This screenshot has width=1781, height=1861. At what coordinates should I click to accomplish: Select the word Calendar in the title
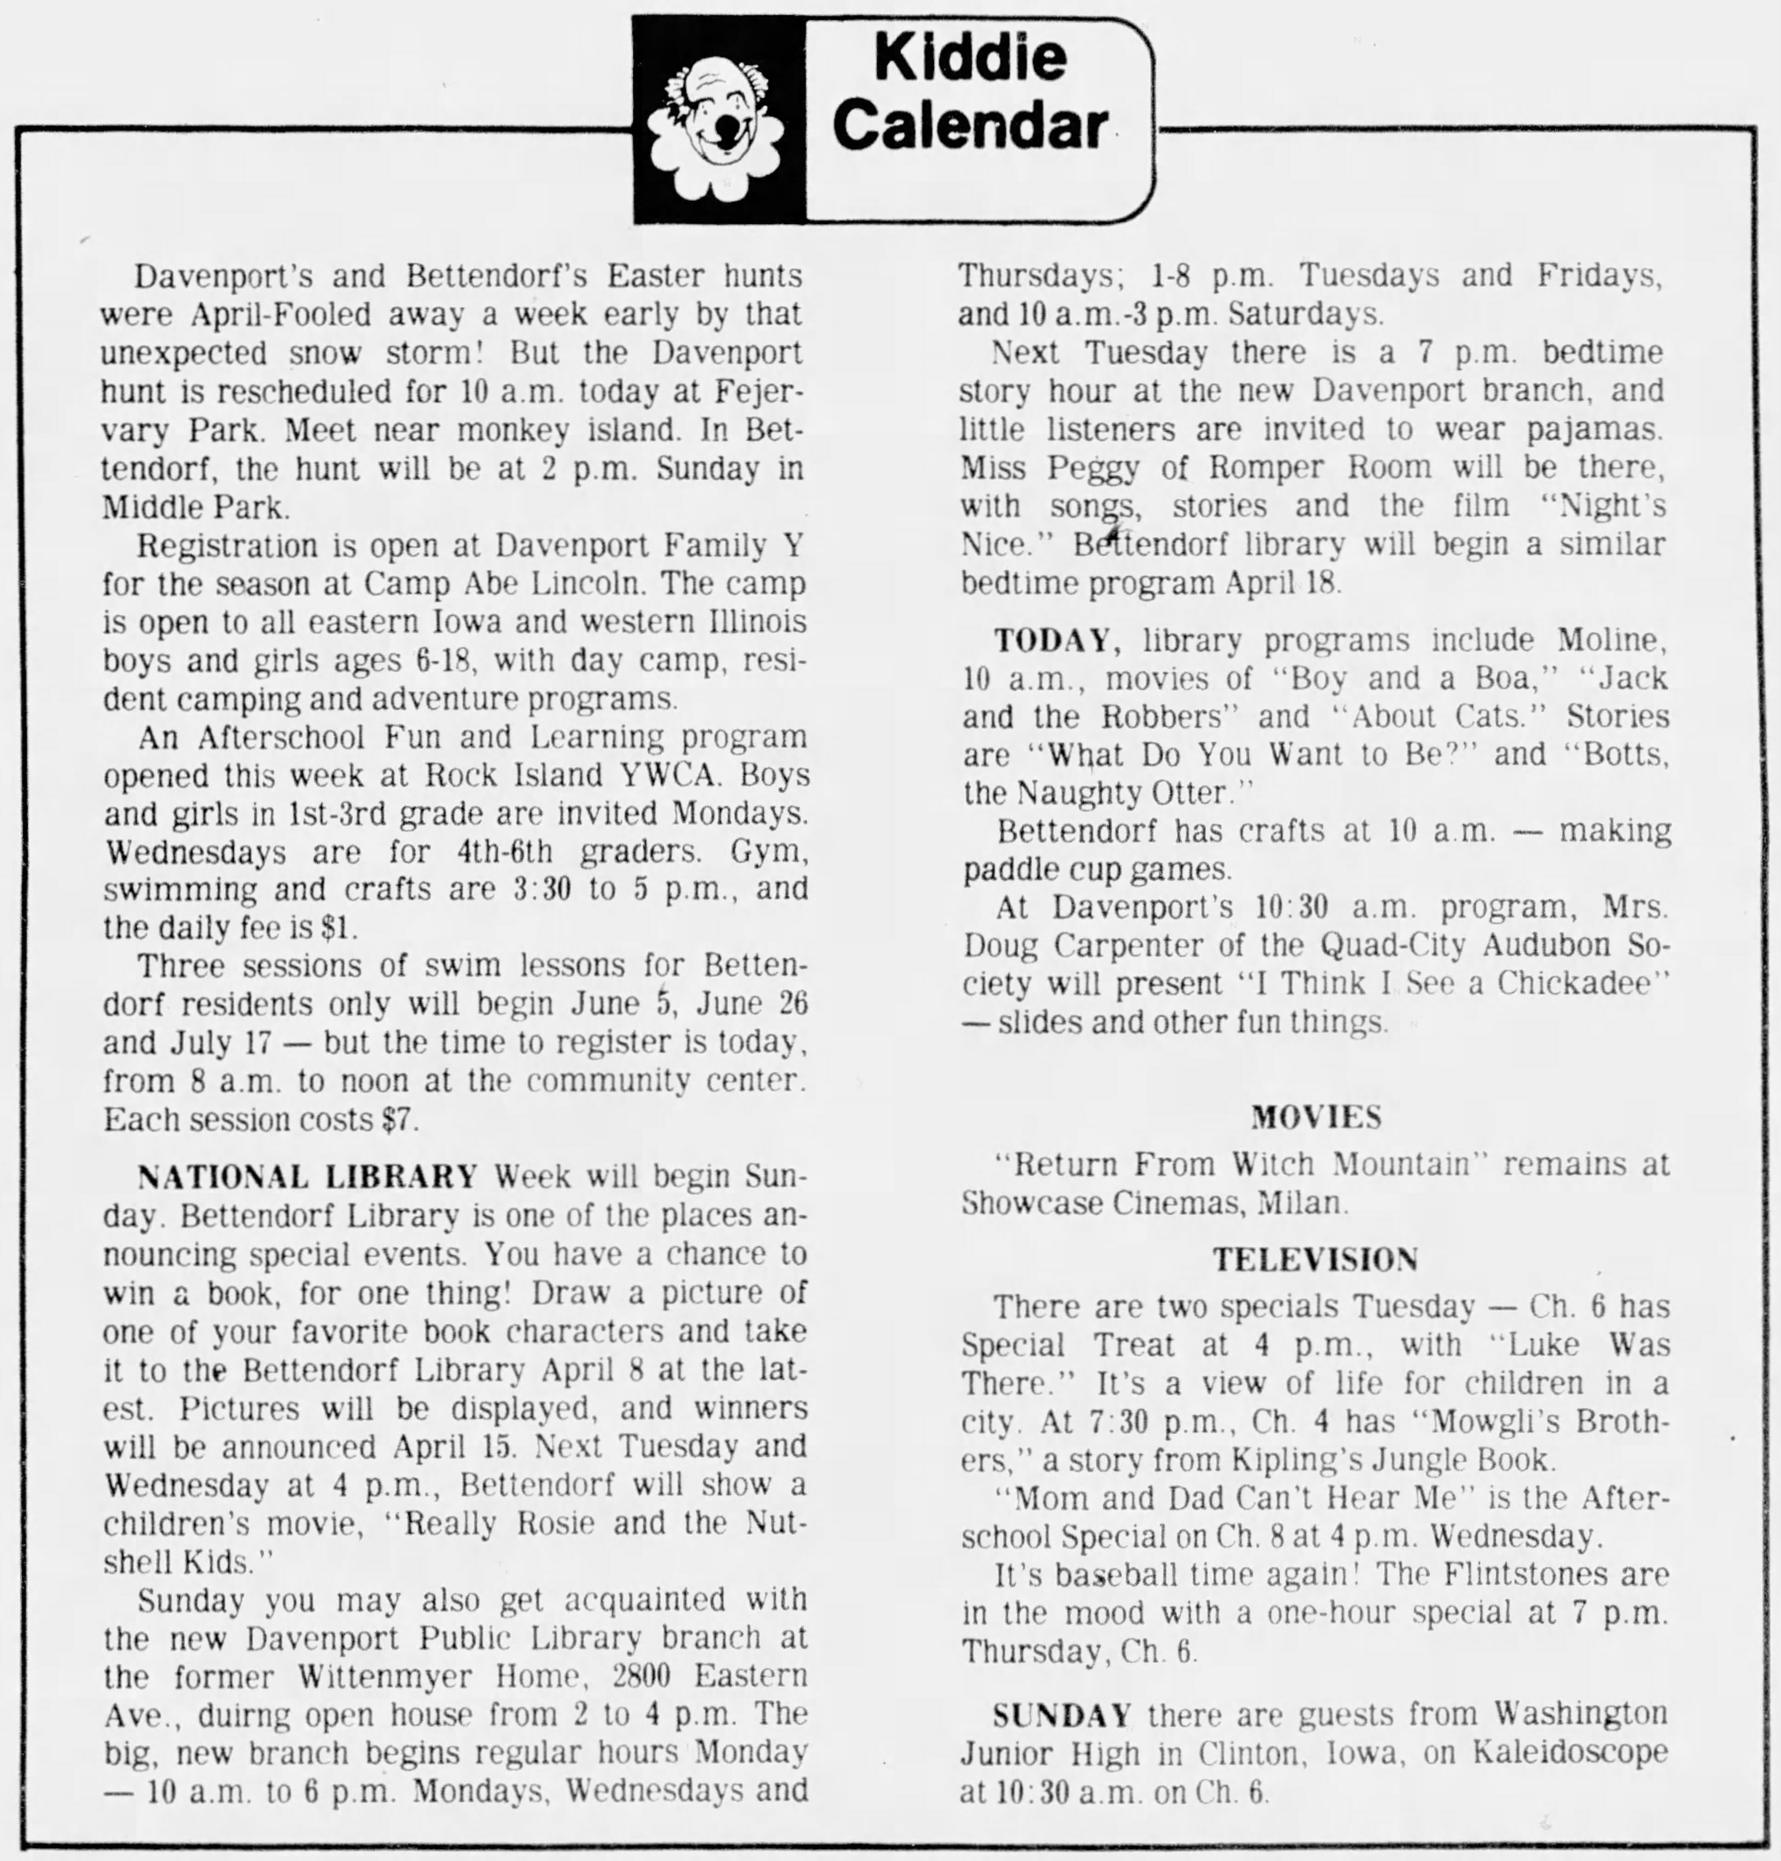[970, 126]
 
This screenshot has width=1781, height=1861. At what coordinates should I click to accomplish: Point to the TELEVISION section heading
[1315, 1260]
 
